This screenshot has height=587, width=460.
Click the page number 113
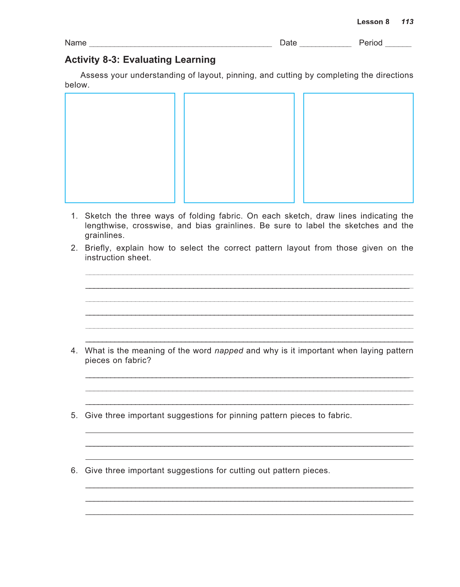[407, 22]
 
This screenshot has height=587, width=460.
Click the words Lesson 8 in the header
[373, 22]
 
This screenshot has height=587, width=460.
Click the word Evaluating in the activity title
[147, 60]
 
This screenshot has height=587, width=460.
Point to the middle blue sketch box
[239, 148]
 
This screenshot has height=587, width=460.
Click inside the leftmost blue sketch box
[120, 148]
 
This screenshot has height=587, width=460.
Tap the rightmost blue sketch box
[358, 148]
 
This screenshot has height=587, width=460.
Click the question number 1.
[74, 216]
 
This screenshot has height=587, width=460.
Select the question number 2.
[74, 248]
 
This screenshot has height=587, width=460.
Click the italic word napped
[229, 351]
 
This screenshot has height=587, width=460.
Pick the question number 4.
[74, 351]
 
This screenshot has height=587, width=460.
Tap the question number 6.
[74, 470]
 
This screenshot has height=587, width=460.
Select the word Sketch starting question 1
[98, 216]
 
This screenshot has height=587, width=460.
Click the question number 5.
[74, 415]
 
